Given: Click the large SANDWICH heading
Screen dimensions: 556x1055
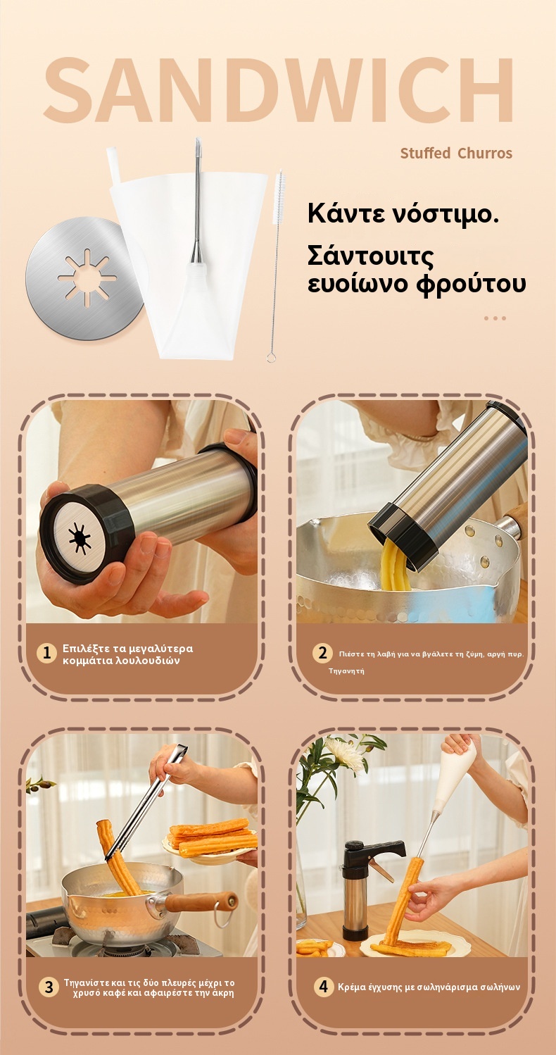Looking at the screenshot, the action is (278, 89).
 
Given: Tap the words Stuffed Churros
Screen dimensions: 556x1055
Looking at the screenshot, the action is (456, 153).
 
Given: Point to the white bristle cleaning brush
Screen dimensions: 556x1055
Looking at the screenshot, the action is (276, 266).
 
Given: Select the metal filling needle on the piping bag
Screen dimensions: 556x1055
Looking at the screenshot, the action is (198, 203).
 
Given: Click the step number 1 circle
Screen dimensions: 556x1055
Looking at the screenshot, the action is (46, 654).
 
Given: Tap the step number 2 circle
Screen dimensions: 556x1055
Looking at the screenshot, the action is (322, 653).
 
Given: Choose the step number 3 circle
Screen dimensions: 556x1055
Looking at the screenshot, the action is (49, 987).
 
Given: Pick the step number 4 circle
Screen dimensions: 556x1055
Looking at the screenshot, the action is (324, 986).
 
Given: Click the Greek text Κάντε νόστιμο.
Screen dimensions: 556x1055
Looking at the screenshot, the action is (403, 213).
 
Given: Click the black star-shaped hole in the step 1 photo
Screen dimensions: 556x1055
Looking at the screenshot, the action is (80, 537).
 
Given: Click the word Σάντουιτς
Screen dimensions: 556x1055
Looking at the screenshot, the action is (370, 256).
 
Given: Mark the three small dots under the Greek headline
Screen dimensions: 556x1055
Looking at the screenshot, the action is (495, 318).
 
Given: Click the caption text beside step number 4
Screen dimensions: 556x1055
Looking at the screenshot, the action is (429, 987).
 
